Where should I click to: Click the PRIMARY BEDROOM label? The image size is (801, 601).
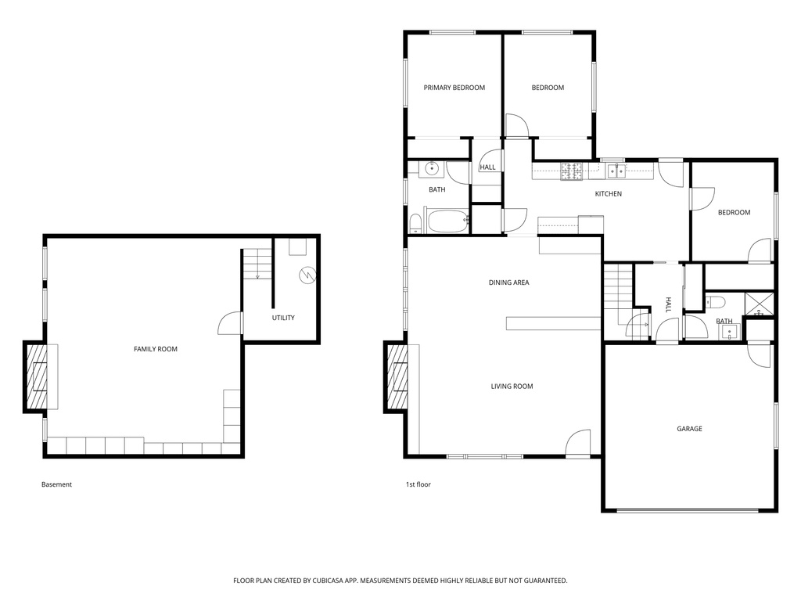(x=454, y=88)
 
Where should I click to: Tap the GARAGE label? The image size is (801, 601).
(x=689, y=429)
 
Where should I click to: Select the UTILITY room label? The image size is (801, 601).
(x=283, y=318)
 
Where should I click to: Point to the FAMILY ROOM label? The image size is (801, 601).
(x=156, y=349)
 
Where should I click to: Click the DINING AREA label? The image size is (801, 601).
(x=508, y=283)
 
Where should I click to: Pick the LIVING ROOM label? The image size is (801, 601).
(x=512, y=387)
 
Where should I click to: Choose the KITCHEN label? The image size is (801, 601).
(x=609, y=194)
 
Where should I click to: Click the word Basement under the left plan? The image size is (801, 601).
(x=56, y=484)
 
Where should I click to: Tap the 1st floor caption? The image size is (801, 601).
(x=418, y=484)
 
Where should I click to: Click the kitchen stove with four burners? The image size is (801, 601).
(x=572, y=171)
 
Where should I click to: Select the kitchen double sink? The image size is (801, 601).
(x=616, y=171)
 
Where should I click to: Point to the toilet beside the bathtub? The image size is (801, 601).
(x=415, y=223)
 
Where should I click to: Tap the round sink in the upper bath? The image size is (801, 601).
(x=432, y=167)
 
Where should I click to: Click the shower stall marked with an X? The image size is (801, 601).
(x=759, y=303)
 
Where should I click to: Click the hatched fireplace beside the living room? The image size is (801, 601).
(x=397, y=377)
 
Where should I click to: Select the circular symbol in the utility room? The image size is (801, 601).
(x=307, y=275)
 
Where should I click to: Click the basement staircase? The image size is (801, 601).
(x=257, y=264)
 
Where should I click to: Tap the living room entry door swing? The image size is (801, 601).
(x=578, y=442)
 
